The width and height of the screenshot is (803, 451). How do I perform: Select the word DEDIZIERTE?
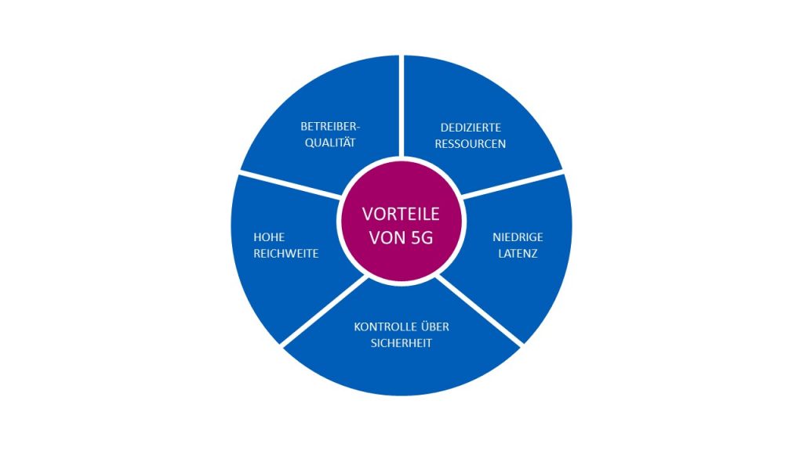471,126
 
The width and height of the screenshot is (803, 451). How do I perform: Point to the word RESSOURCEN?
471,143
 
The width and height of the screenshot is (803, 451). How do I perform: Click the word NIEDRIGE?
518,236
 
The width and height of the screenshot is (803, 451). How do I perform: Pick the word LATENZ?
518,254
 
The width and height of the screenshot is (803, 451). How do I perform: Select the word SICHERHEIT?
401,343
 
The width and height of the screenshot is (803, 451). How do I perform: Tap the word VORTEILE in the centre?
401,215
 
